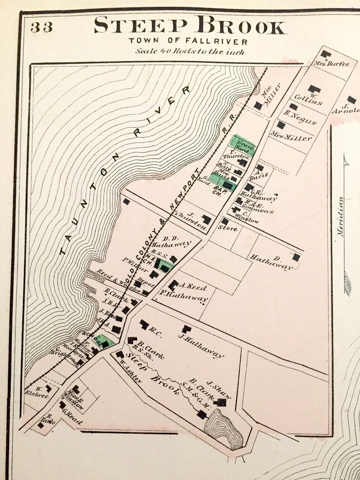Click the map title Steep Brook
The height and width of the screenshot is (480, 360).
(190, 26)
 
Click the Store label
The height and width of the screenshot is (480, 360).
(228, 228)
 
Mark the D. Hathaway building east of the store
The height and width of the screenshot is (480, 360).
(296, 257)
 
